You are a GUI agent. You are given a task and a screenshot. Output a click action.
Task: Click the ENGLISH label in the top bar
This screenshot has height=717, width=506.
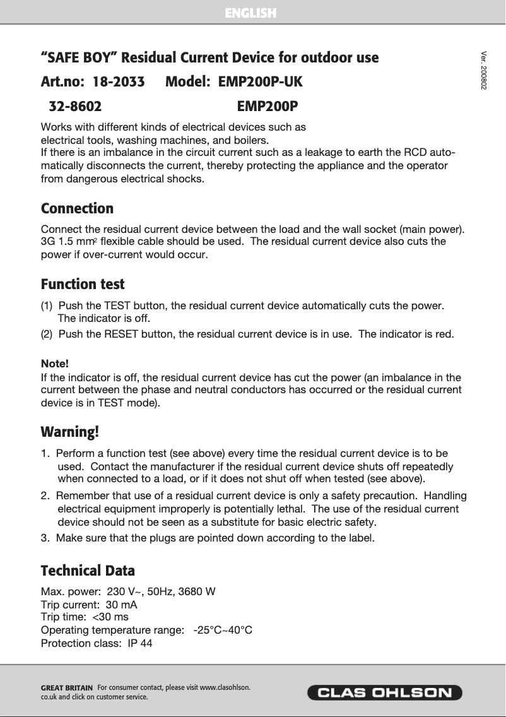click(251, 13)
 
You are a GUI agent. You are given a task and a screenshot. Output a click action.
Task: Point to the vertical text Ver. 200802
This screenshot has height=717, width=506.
click(483, 69)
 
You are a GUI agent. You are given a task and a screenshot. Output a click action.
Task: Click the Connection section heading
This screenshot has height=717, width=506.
click(77, 208)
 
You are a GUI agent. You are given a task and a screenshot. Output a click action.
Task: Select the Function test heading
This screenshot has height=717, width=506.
click(83, 284)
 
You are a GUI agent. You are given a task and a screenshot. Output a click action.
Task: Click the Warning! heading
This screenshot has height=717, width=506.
click(70, 432)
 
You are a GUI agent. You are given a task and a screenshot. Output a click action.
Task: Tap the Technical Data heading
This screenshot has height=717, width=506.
click(88, 571)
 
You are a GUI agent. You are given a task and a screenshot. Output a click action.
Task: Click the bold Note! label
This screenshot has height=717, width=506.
click(54, 365)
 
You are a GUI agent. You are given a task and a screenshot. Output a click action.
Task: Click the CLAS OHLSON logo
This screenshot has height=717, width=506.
click(384, 692)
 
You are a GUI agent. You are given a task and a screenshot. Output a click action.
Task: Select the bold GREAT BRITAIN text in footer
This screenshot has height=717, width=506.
click(66, 687)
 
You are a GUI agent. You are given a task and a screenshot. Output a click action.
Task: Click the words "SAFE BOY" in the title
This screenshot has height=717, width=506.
click(79, 58)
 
